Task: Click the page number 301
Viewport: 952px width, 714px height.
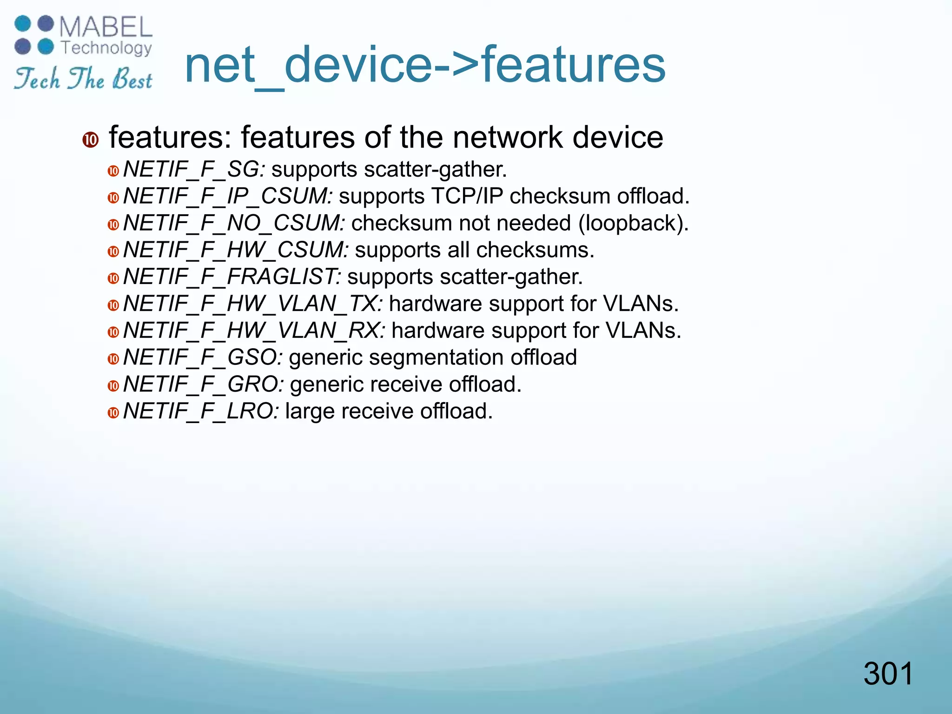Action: point(888,674)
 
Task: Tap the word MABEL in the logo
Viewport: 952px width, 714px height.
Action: point(106,27)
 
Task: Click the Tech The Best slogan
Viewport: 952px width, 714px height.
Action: point(83,79)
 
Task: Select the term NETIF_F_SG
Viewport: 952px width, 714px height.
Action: point(193,169)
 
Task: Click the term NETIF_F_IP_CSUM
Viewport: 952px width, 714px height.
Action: point(227,196)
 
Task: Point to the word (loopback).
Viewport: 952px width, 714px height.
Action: point(633,223)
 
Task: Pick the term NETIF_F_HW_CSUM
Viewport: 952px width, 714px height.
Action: point(235,250)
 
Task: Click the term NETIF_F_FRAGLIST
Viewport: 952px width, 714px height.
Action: point(231,277)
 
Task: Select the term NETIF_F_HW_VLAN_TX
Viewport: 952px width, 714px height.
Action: point(252,304)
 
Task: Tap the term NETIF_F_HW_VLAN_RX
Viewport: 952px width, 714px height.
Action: point(254,331)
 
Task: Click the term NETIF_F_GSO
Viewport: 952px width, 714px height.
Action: point(202,358)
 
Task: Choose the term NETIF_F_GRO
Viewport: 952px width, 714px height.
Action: point(203,385)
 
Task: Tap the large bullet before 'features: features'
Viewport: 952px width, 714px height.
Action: point(91,139)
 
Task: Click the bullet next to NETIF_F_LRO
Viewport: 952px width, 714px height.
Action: point(113,413)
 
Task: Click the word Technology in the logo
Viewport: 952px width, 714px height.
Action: point(106,48)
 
